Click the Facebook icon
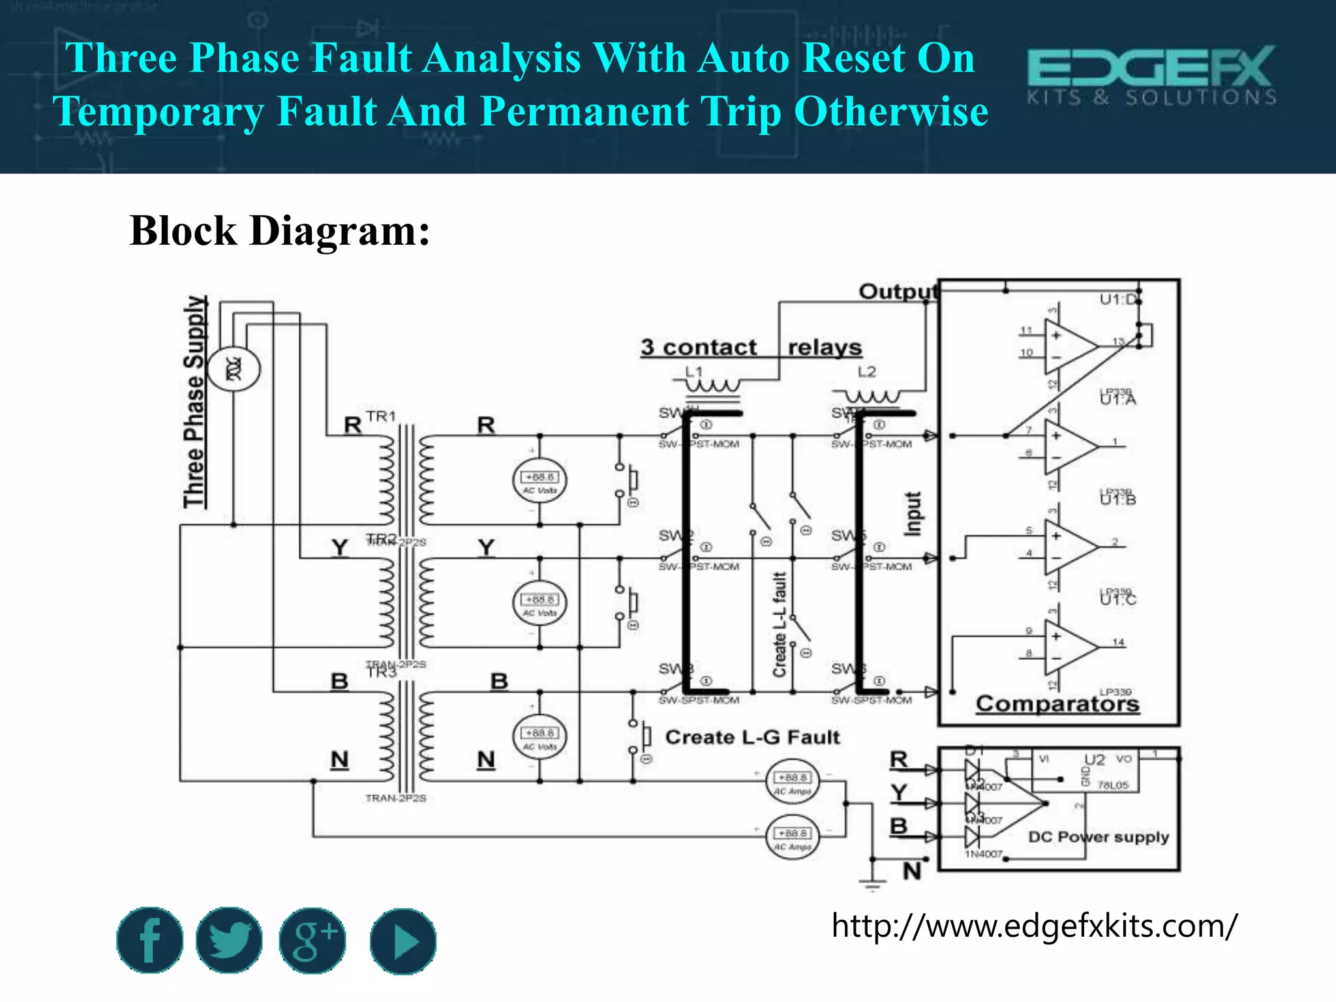pyautogui.click(x=149, y=940)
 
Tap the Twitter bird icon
pyautogui.click(x=230, y=940)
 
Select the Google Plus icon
pyautogui.click(x=312, y=940)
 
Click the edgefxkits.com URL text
pyautogui.click(x=1033, y=926)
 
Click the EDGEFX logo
pyautogui.click(x=1151, y=75)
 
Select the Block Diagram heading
pyautogui.click(x=280, y=231)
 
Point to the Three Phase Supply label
pyautogui.click(x=194, y=402)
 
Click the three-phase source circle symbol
pyautogui.click(x=234, y=369)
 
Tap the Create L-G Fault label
pyautogui.click(x=752, y=737)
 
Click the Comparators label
pyautogui.click(x=1057, y=703)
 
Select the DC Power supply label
pyautogui.click(x=1098, y=836)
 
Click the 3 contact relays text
pyautogui.click(x=750, y=347)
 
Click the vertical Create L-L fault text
pyautogui.click(x=780, y=624)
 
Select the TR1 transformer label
pyautogui.click(x=380, y=416)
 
